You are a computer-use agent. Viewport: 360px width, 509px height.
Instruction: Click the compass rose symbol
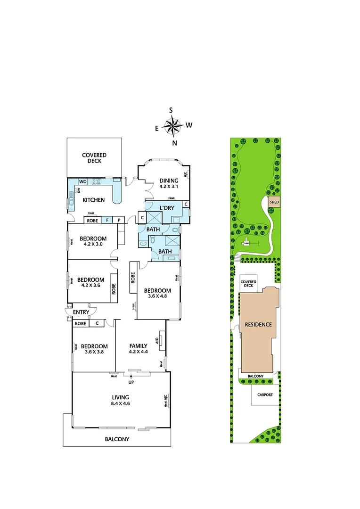pyautogui.click(x=172, y=126)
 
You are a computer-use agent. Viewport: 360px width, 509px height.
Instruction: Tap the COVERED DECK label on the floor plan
pyautogui.click(x=94, y=158)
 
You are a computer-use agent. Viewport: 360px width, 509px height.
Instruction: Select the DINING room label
pyautogui.click(x=169, y=181)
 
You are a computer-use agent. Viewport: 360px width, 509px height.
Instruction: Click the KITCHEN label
pyautogui.click(x=94, y=200)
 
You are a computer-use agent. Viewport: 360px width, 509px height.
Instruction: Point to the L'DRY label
pyautogui.click(x=167, y=208)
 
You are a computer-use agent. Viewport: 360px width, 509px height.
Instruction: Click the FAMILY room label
pyautogui.click(x=139, y=346)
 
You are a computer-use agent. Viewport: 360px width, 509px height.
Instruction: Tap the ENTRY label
pyautogui.click(x=81, y=312)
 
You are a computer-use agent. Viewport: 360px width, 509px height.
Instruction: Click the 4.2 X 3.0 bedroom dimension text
pyautogui.click(x=92, y=244)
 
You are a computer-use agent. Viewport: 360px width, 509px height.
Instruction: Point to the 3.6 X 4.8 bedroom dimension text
pyautogui.click(x=157, y=297)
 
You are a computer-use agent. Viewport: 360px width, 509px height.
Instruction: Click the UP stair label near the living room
pyautogui.click(x=131, y=382)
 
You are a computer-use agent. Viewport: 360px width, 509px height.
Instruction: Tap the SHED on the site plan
pyautogui.click(x=274, y=203)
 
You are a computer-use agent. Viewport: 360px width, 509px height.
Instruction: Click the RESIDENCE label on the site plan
pyautogui.click(x=258, y=325)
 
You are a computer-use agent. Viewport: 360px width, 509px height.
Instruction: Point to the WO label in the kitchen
pyautogui.click(x=82, y=181)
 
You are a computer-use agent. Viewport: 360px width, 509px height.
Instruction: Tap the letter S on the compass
pyautogui.click(x=171, y=110)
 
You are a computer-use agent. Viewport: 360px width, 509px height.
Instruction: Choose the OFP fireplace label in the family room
pyautogui.click(x=157, y=340)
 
